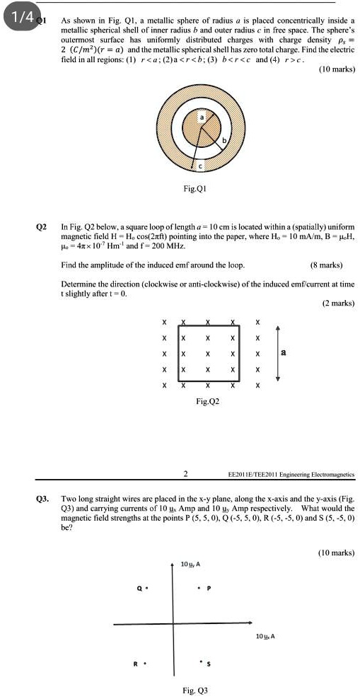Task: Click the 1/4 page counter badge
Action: (20, 15)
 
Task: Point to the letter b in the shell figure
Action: (226, 141)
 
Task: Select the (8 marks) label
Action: (327, 265)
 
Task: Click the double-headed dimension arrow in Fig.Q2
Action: (277, 354)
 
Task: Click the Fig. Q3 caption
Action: (195, 689)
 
